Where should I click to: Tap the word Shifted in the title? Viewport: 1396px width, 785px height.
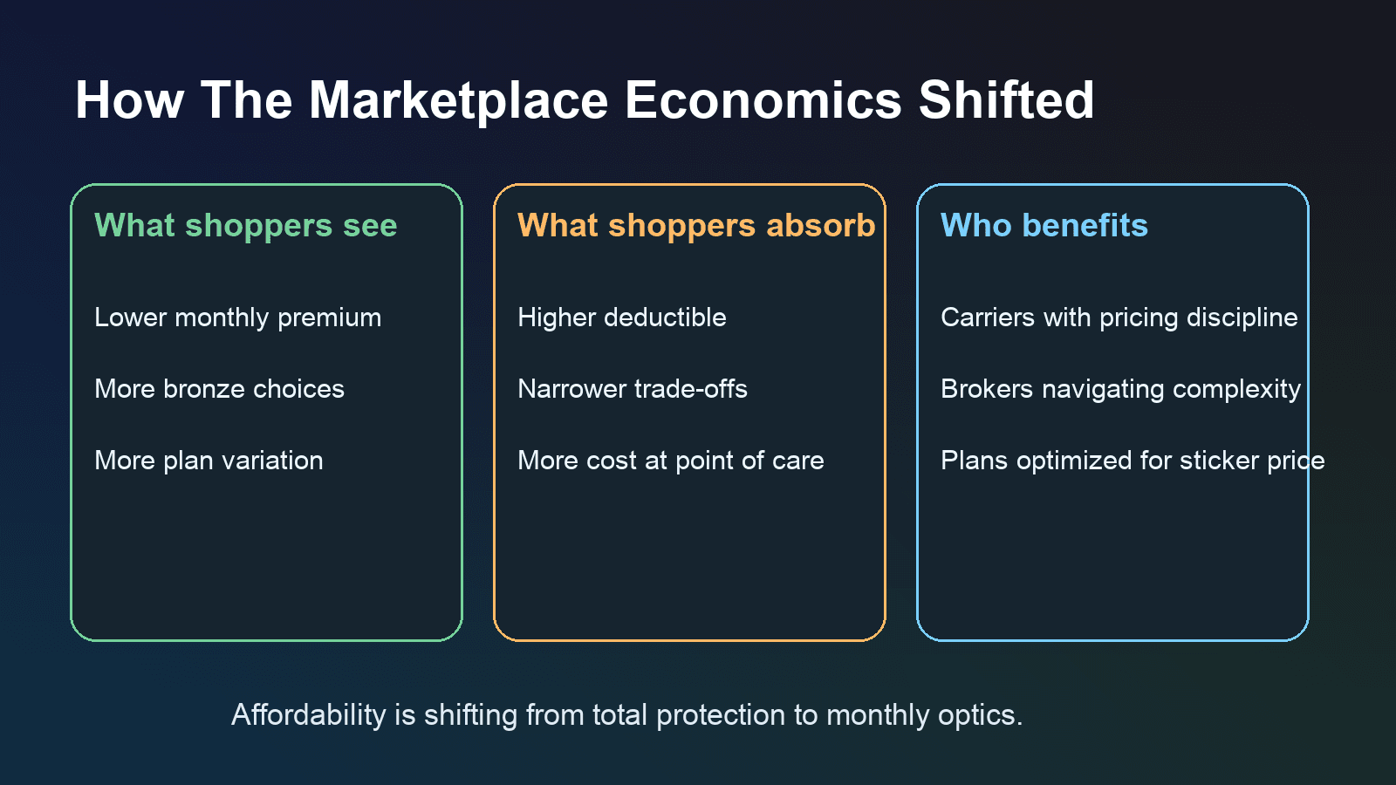pyautogui.click(x=1006, y=99)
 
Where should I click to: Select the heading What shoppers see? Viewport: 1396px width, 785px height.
pyautogui.click(x=245, y=226)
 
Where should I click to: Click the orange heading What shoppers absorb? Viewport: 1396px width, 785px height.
pyautogui.click(x=696, y=226)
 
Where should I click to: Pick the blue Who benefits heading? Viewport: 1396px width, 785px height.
pyautogui.click(x=1044, y=225)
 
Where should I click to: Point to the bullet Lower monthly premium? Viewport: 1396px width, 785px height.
pyautogui.click(x=237, y=318)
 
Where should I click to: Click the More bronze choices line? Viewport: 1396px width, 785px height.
pyautogui.click(x=219, y=389)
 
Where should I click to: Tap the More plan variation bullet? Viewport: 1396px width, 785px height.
pyautogui.click(x=209, y=461)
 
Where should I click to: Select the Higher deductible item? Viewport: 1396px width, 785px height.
pyautogui.click(x=622, y=317)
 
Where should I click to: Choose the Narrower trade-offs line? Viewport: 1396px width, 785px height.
pyautogui.click(x=632, y=389)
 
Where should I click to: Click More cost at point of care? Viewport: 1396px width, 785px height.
pyautogui.click(x=671, y=461)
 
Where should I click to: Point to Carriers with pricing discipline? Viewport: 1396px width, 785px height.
pyautogui.click(x=1119, y=318)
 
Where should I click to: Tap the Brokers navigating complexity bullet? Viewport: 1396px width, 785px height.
pyautogui.click(x=1120, y=390)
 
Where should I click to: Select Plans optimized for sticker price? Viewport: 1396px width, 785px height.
pyautogui.click(x=1133, y=461)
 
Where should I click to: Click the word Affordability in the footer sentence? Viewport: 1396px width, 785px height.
pyautogui.click(x=309, y=715)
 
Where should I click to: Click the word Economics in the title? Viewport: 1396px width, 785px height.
pyautogui.click(x=763, y=100)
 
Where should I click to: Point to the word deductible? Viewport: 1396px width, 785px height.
pyautogui.click(x=665, y=317)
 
